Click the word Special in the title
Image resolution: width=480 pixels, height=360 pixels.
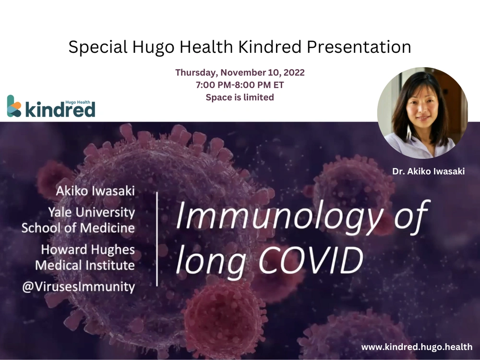point(97,48)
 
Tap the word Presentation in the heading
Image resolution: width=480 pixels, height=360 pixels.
point(359,47)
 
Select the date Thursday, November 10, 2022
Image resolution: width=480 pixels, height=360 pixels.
point(240,72)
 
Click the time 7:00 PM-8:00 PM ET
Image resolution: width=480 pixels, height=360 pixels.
point(240,85)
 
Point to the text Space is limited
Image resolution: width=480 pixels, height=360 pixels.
point(240,97)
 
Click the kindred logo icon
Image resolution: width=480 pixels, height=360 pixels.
point(14,106)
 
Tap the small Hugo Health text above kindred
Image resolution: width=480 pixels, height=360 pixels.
point(78,102)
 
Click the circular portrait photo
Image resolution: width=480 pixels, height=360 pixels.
point(422,113)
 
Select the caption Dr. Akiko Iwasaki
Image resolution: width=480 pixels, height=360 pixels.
point(428,171)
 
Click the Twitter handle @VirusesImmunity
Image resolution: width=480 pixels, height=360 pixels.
point(78,287)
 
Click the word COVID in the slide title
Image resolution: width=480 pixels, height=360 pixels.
point(311,261)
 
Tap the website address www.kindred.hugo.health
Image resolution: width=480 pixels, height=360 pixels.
point(417,347)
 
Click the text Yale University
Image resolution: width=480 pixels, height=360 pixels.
point(91,212)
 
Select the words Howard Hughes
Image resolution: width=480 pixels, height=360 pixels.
point(88,250)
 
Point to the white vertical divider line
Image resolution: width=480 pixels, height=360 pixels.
point(157,239)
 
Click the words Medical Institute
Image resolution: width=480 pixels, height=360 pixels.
point(85,265)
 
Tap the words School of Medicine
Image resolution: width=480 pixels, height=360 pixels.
point(78,228)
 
